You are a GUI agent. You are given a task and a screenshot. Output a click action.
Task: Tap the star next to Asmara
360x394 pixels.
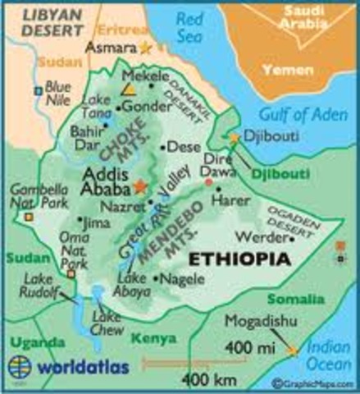point(146,48)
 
